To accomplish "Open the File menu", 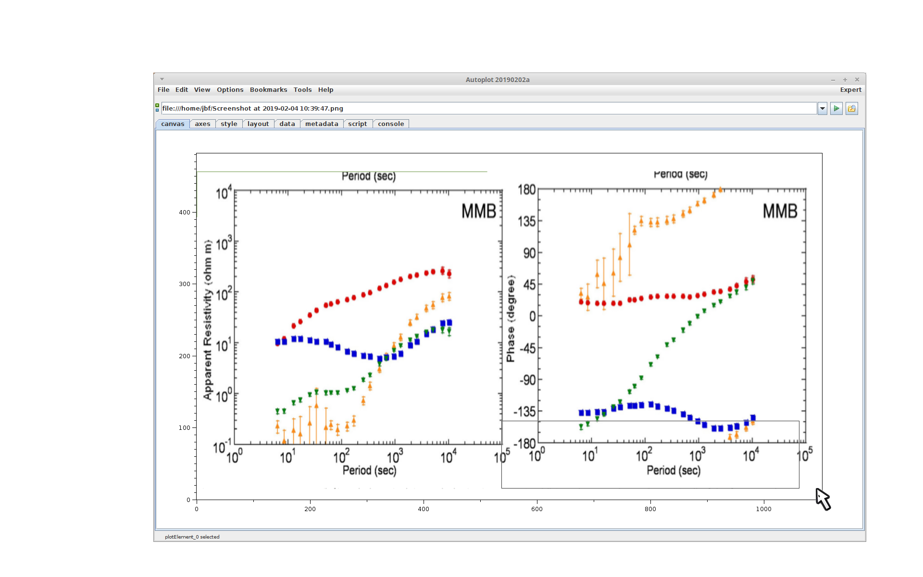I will (163, 90).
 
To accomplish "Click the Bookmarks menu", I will (268, 90).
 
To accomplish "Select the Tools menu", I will (302, 90).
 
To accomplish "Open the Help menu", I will (325, 90).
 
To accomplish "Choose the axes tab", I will (202, 124).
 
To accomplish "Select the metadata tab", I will (322, 124).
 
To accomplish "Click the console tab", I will (391, 124).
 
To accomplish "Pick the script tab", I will (357, 124).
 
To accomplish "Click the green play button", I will (836, 109).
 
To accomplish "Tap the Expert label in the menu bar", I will (850, 90).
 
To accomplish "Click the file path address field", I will (488, 109).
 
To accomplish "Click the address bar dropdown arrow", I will (823, 109).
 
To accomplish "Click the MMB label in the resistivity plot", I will (479, 211).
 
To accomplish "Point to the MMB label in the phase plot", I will (780, 211).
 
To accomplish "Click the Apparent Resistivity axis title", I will (208, 320).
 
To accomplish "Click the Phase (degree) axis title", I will (511, 318).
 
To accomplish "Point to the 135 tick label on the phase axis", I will (527, 221).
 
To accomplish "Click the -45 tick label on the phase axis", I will (527, 348).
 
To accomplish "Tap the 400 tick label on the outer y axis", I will (185, 213).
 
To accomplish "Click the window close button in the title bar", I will (857, 80).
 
